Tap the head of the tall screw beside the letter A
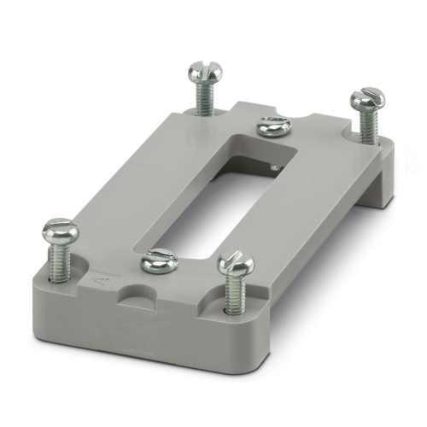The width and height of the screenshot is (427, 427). [60, 230]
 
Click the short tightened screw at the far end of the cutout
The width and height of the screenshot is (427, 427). [272, 126]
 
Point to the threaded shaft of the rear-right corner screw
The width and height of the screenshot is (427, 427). [365, 126]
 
